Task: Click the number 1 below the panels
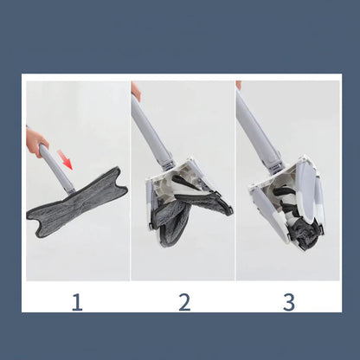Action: click(77, 302)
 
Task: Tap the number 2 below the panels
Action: click(184, 302)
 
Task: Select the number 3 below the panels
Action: click(289, 302)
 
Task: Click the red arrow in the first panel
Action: click(65, 159)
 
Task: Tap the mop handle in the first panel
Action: click(57, 170)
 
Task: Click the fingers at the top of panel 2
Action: click(136, 91)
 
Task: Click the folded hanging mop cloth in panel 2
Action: click(171, 221)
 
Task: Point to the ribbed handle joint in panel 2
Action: click(170, 164)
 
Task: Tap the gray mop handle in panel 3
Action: click(257, 130)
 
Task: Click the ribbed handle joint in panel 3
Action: click(278, 168)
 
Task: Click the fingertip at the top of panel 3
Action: click(239, 86)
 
